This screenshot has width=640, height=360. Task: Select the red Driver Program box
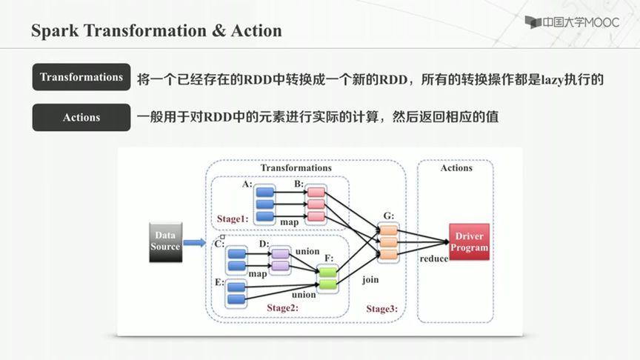pos(469,241)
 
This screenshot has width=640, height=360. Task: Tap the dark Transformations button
pos(81,77)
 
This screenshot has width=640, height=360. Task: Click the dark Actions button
pos(81,117)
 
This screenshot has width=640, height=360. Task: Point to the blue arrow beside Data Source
pos(194,241)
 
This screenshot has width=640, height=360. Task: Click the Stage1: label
pos(232,219)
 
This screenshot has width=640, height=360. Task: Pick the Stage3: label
pos(381,308)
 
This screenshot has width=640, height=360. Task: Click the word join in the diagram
pos(370,281)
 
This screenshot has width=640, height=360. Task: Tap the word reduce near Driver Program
pos(433,259)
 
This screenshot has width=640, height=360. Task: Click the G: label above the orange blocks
pos(389,216)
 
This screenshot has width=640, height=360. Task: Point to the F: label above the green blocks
pos(329,258)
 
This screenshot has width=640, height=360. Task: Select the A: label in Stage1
pos(247,183)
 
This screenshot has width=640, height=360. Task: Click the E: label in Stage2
pos(219,282)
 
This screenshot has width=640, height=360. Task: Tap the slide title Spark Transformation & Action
pos(156,31)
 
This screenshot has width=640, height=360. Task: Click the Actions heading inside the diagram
pos(456,168)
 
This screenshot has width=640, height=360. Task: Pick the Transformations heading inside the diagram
pos(296,168)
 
